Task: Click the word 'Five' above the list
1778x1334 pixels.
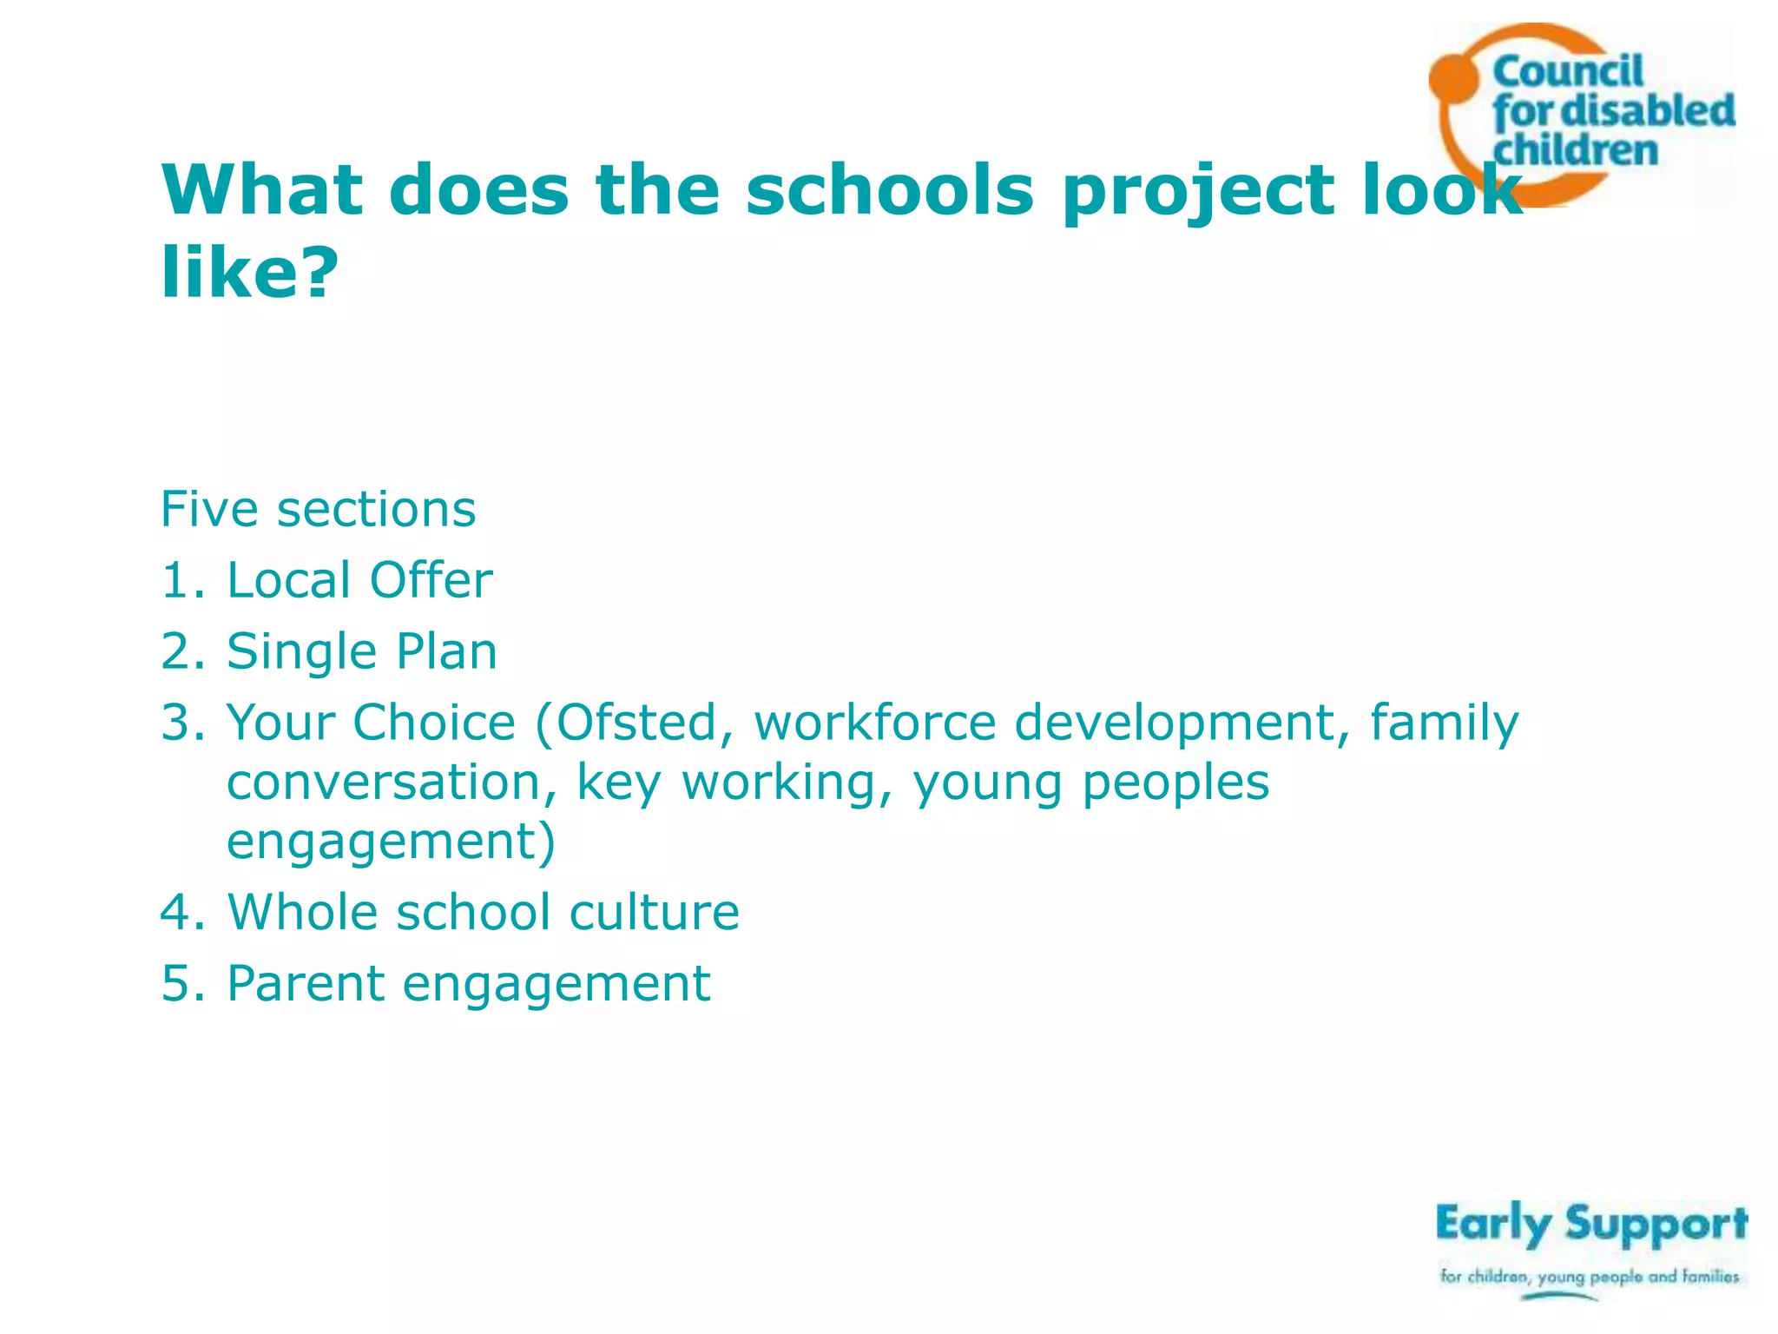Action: pos(208,509)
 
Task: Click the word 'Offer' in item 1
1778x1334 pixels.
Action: pos(431,580)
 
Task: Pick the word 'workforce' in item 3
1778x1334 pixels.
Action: pos(874,723)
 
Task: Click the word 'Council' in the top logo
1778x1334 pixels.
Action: pos(1567,72)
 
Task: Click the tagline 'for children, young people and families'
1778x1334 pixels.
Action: pos(1589,1277)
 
